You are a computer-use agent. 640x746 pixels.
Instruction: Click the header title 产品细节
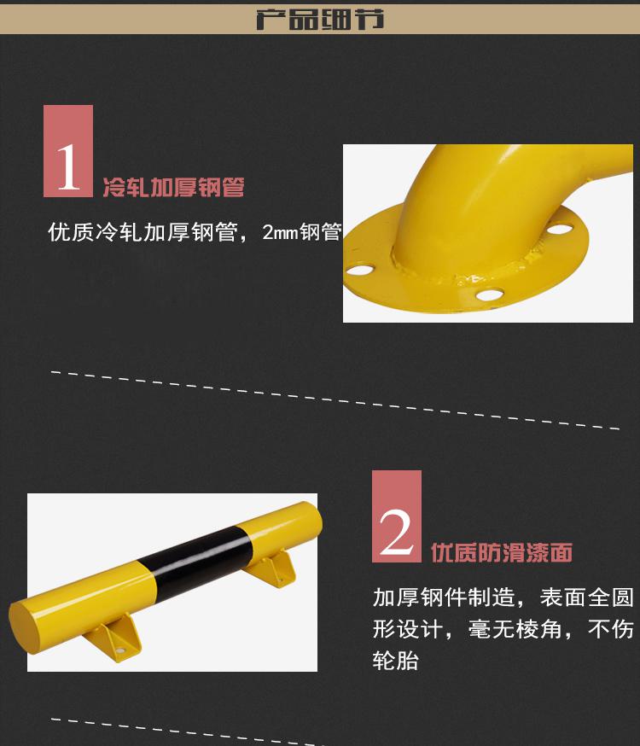tap(320, 19)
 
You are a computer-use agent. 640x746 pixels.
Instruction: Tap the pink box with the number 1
tap(68, 151)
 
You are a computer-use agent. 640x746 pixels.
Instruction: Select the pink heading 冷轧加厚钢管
tap(173, 187)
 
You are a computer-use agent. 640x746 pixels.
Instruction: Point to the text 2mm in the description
tap(280, 233)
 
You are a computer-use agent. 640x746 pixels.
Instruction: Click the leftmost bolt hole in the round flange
tap(360, 271)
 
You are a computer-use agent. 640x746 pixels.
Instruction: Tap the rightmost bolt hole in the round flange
tap(558, 229)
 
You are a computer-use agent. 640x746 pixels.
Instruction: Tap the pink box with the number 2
tap(397, 516)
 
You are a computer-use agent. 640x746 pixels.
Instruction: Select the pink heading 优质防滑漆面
tap(502, 552)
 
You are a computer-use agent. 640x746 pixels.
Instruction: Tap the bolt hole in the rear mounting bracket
tap(281, 580)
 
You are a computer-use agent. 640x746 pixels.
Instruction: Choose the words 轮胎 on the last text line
tap(396, 661)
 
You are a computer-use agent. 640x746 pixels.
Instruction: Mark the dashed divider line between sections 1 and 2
tap(335, 400)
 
